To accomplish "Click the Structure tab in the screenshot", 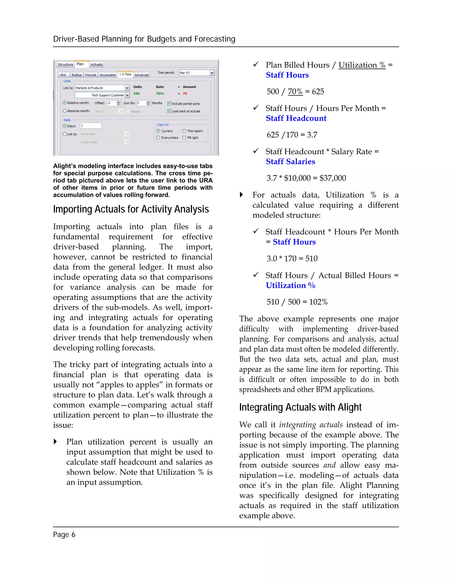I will point(65,64).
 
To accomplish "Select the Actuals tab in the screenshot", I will point(96,64).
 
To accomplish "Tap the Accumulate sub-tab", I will point(107,75).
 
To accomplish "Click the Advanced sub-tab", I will point(141,75).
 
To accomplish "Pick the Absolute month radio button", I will point(64,111).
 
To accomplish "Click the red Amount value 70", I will point(185,93).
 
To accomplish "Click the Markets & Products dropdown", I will point(102,88).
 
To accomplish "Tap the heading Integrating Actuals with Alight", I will point(300,407).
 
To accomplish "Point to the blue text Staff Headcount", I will point(296,118).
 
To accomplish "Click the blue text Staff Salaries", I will point(290,162).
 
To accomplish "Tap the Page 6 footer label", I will point(64,535).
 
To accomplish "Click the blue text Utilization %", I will point(290,285).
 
